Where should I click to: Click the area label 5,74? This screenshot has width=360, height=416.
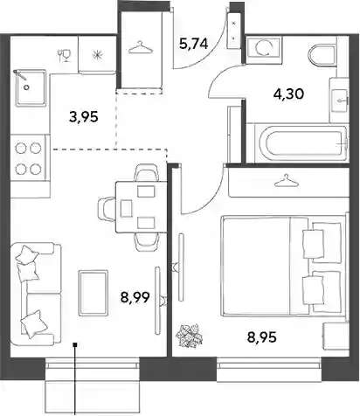click(x=194, y=44)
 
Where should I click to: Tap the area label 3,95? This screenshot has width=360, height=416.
click(x=84, y=117)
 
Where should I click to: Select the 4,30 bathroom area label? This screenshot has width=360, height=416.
click(x=289, y=94)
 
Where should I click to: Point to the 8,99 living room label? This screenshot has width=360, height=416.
click(x=135, y=297)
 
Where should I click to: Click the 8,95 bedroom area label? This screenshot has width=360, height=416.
click(x=262, y=337)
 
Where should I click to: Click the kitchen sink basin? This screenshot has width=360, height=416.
click(x=31, y=87)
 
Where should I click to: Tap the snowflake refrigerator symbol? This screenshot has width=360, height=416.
click(x=97, y=55)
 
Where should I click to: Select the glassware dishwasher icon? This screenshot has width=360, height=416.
click(x=65, y=55)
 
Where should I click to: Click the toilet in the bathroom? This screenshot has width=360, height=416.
click(x=322, y=55)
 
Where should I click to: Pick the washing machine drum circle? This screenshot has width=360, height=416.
click(x=264, y=47)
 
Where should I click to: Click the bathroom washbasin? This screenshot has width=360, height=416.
click(x=339, y=100)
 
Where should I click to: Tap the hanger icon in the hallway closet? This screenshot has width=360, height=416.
click(x=141, y=47)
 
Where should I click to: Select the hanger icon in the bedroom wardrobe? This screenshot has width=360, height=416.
click(x=287, y=180)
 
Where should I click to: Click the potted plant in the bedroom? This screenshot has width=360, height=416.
click(x=189, y=336)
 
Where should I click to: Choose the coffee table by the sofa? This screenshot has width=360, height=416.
click(x=93, y=293)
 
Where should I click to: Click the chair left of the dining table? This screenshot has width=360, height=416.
click(x=107, y=209)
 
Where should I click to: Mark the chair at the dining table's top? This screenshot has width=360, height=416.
click(x=146, y=173)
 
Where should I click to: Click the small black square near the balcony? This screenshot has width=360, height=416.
click(x=75, y=345)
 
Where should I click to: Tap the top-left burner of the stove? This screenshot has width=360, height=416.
click(x=21, y=149)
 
